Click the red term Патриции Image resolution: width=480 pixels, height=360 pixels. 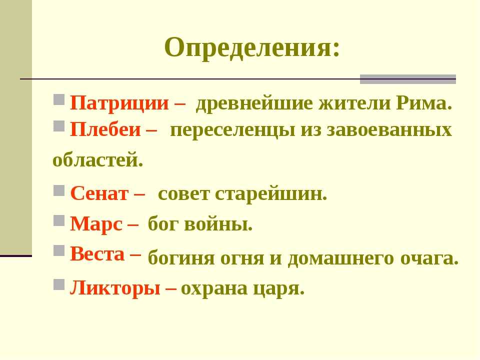(x=119, y=103)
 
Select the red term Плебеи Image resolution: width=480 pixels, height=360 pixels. (x=105, y=129)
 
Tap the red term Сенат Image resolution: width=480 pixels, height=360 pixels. (x=99, y=193)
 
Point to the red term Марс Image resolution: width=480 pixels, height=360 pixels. (x=96, y=224)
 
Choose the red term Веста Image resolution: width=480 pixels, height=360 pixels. (x=97, y=254)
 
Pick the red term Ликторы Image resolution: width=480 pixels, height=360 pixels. (x=115, y=288)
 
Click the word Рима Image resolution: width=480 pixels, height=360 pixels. (x=424, y=103)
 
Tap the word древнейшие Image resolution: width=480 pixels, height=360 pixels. (x=254, y=103)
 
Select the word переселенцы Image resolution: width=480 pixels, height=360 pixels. (x=232, y=130)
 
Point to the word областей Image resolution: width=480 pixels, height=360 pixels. (x=97, y=159)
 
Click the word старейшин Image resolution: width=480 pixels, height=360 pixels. (x=271, y=194)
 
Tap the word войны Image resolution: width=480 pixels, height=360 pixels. (x=218, y=224)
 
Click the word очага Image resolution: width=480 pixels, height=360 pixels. (x=429, y=258)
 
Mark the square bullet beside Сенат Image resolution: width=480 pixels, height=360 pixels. (x=59, y=190)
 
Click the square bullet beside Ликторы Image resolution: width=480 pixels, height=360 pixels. (x=59, y=284)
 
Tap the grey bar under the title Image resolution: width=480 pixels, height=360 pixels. (x=408, y=79)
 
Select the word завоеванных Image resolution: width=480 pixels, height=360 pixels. (x=389, y=129)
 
